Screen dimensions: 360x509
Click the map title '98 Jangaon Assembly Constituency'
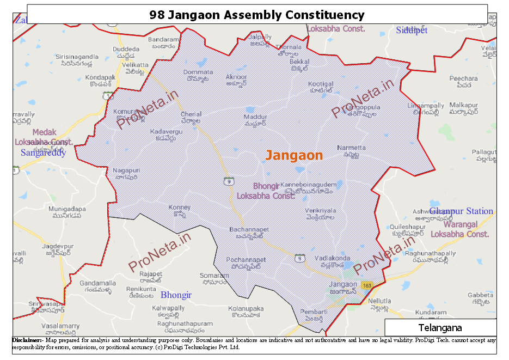tap(257, 15)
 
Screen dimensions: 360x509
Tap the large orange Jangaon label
tap(294, 155)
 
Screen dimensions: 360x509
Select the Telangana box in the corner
tap(440, 328)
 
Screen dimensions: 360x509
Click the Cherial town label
tap(191, 114)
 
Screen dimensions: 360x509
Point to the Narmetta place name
tap(351, 148)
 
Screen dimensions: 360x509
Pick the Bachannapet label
tap(249, 230)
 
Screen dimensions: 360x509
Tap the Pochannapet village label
tap(246, 260)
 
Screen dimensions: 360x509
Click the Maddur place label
tap(255, 117)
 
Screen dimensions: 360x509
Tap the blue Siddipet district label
tap(412, 30)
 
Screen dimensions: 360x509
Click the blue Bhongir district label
tap(176, 295)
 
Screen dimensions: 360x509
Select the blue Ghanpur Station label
tap(461, 211)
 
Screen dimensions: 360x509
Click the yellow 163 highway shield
tap(366, 285)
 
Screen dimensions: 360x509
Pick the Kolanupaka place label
tap(246, 309)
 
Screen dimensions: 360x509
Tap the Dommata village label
tap(198, 72)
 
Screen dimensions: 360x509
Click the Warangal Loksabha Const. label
tap(460, 229)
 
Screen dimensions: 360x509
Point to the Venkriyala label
tap(320, 210)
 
